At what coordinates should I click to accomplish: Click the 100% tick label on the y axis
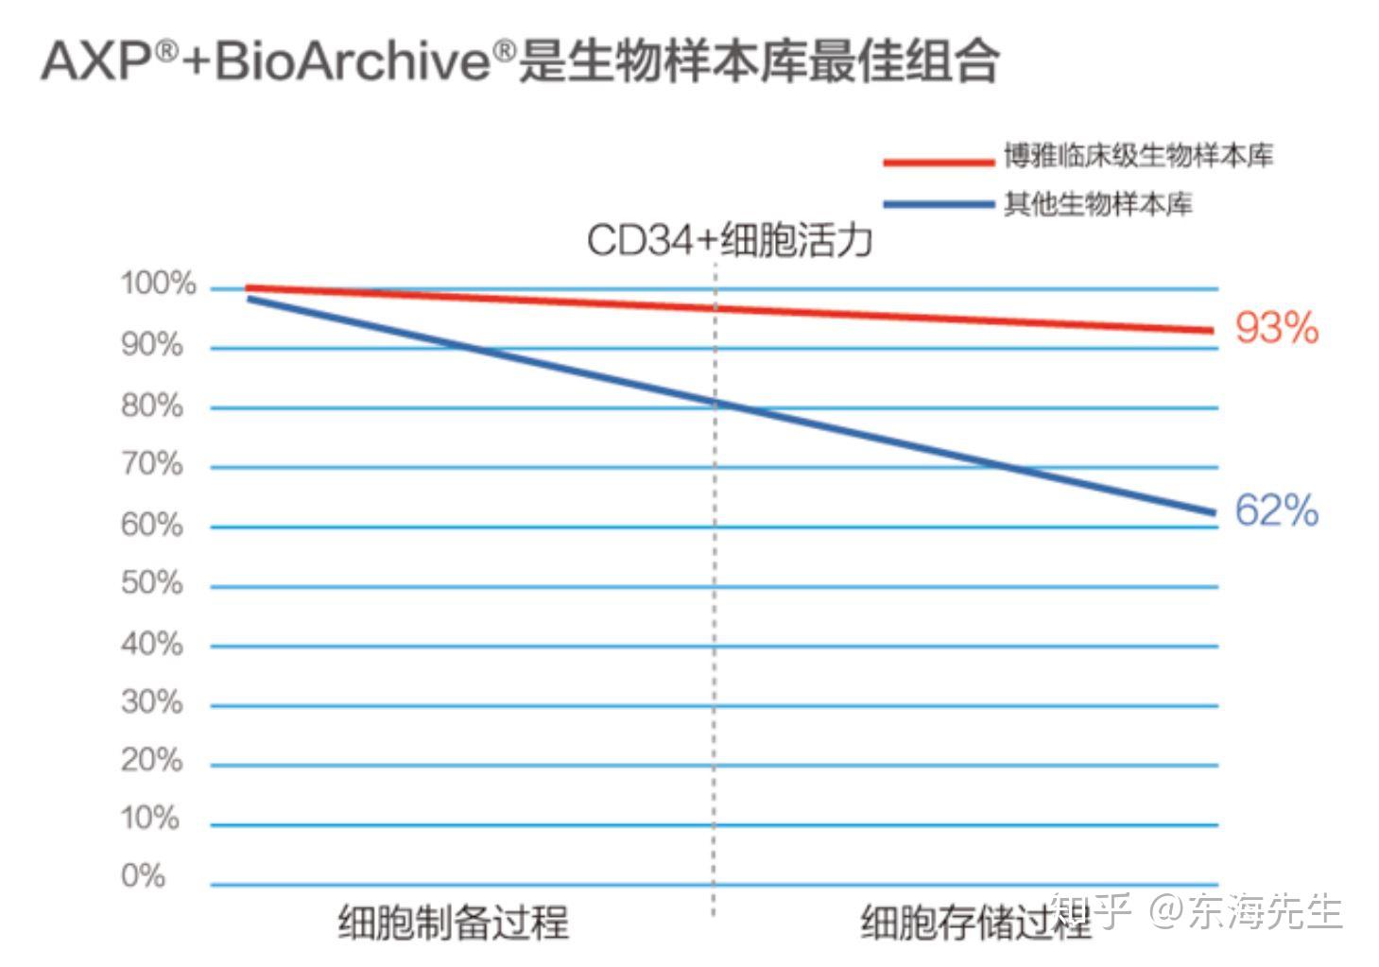pyautogui.click(x=158, y=284)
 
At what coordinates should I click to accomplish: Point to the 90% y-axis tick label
pyautogui.click(x=152, y=345)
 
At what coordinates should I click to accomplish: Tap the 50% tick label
pyautogui.click(x=152, y=583)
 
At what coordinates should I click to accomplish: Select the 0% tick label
pyautogui.click(x=144, y=876)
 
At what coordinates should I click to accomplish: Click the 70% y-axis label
pyautogui.click(x=152, y=464)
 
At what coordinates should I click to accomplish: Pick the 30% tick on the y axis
pyautogui.click(x=152, y=702)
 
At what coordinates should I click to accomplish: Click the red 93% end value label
pyautogui.click(x=1276, y=328)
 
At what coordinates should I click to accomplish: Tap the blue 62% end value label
pyautogui.click(x=1276, y=510)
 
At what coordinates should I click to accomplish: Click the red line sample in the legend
pyautogui.click(x=939, y=162)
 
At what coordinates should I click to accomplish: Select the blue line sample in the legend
pyautogui.click(x=939, y=204)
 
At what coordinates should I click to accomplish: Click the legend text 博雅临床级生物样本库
pyautogui.click(x=1138, y=156)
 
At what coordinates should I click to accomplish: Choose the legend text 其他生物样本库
pyautogui.click(x=1098, y=204)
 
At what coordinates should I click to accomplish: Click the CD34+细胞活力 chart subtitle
pyautogui.click(x=729, y=240)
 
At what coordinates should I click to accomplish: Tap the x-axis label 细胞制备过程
pyautogui.click(x=454, y=922)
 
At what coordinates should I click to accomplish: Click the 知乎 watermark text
pyautogui.click(x=1092, y=912)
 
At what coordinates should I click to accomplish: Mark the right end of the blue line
pyautogui.click(x=1213, y=513)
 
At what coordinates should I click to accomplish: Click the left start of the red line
pyautogui.click(x=248, y=288)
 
